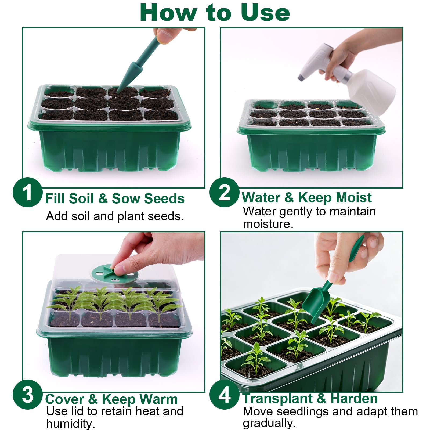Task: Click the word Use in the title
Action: pos(265,13)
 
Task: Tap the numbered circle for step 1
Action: pos(27,192)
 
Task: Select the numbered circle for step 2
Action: pos(225,192)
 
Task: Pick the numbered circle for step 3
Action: pos(27,395)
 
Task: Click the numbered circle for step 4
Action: pos(225,395)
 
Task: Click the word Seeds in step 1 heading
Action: pos(164,199)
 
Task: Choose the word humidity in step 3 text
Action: pos(71,424)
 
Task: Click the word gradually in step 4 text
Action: pos(269,423)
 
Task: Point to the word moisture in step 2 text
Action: pos(268,224)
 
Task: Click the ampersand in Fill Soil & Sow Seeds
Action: pos(103,199)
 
